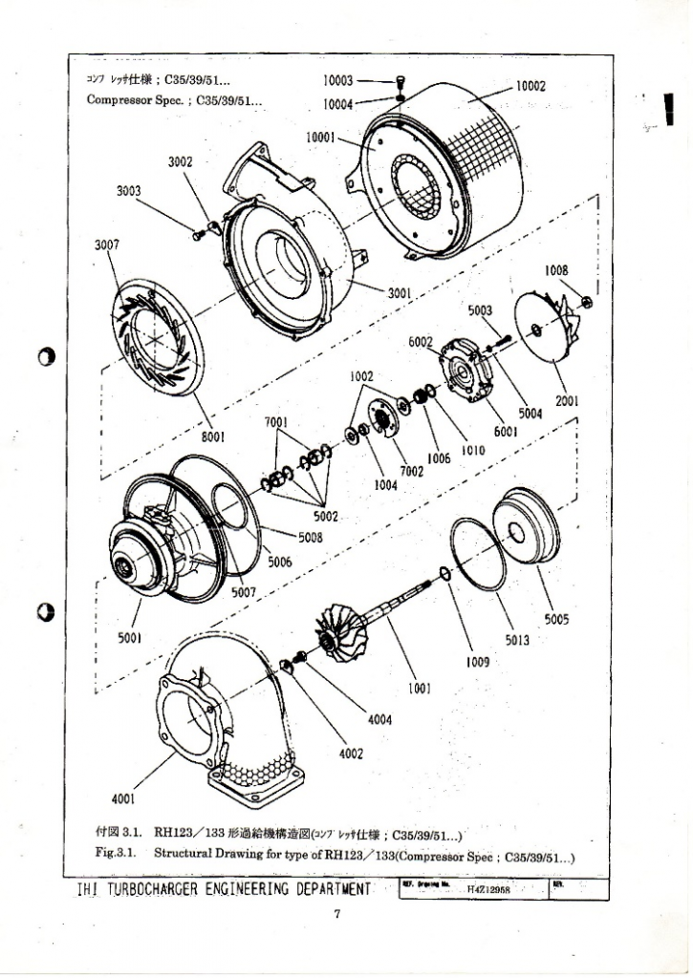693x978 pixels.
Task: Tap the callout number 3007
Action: pyautogui.click(x=107, y=244)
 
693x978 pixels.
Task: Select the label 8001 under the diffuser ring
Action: pyautogui.click(x=211, y=436)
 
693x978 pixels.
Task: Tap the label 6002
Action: pyautogui.click(x=422, y=342)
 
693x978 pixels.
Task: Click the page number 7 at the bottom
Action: pyautogui.click(x=337, y=916)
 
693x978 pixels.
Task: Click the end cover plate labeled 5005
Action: pyautogui.click(x=531, y=530)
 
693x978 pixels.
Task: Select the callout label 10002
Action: pyautogui.click(x=531, y=86)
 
